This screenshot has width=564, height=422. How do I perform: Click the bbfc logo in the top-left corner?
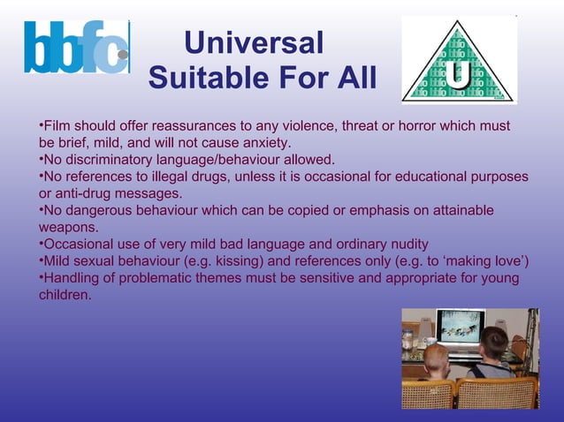[x=77, y=48]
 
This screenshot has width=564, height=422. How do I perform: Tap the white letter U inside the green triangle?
[x=458, y=76]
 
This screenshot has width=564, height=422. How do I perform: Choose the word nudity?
[x=408, y=244]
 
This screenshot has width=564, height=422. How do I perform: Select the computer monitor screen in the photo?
[x=460, y=326]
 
